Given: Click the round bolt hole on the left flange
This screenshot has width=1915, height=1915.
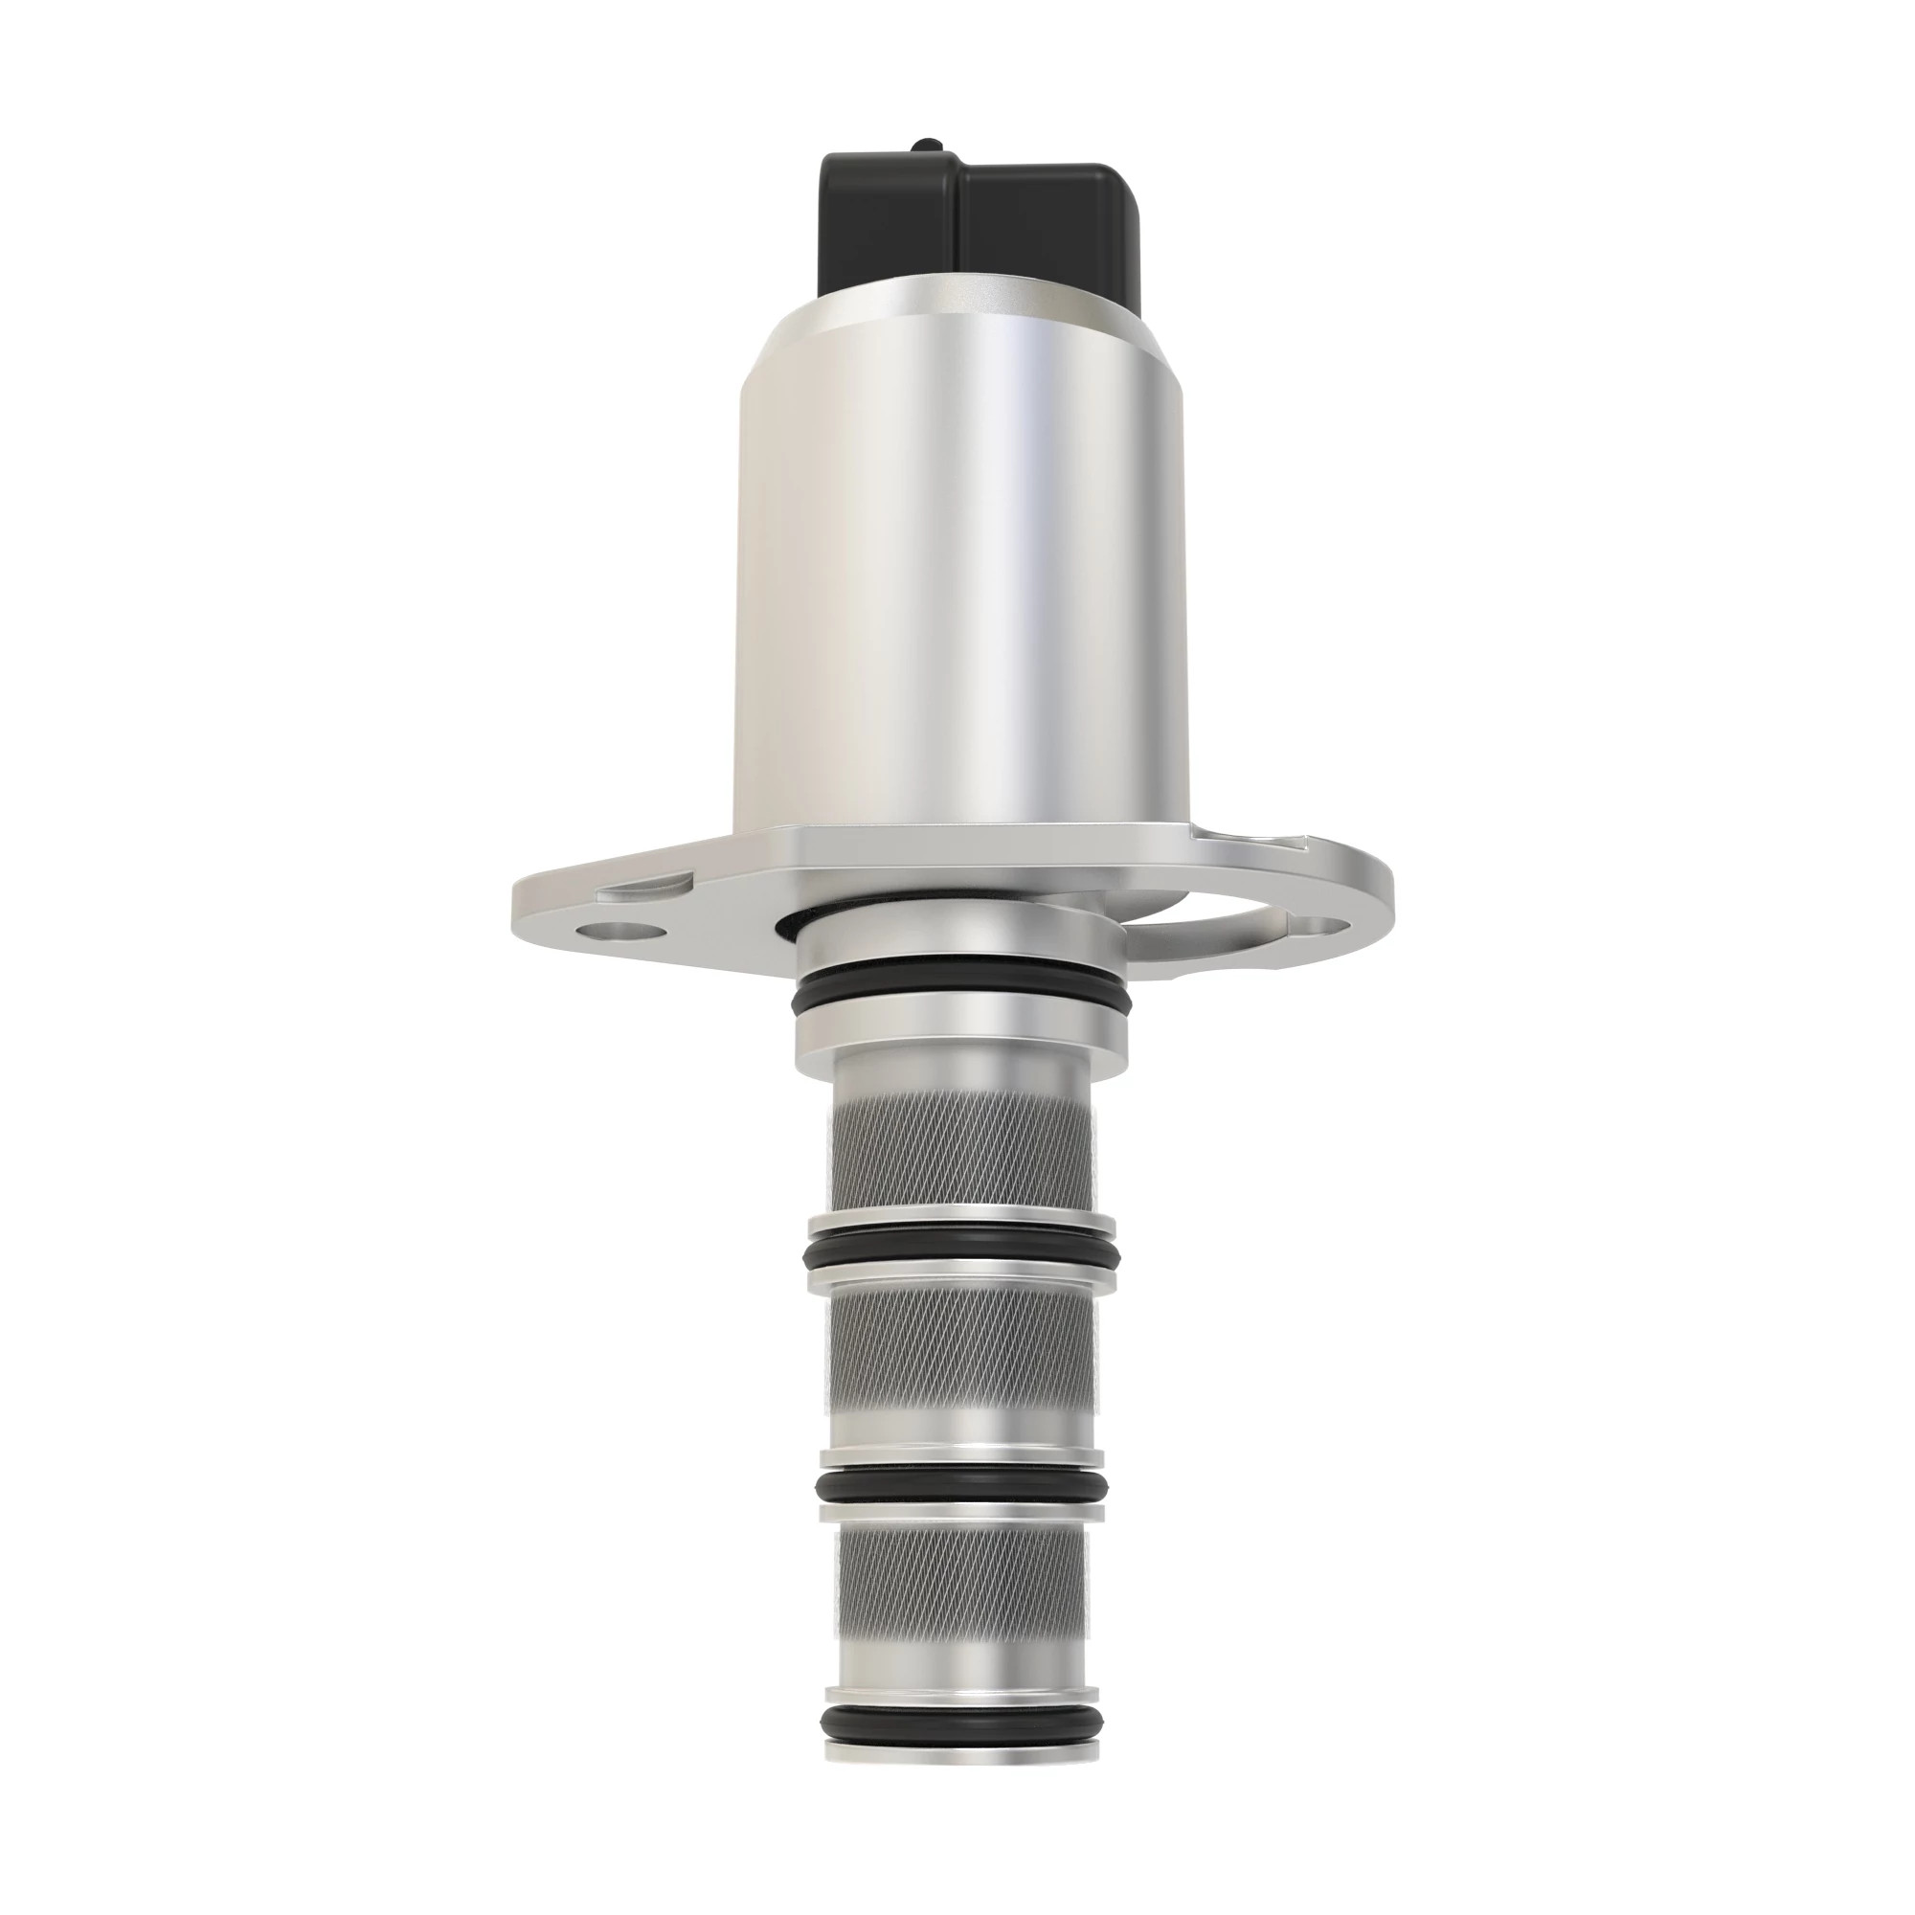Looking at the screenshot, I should (x=622, y=933).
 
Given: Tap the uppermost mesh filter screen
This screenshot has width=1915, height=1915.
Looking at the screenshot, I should (x=961, y=1150).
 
